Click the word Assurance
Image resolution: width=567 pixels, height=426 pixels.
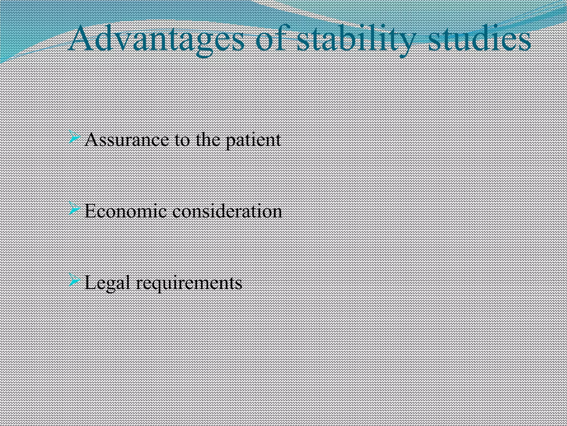coord(126,140)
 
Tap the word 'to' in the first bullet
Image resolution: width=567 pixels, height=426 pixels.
coord(182,140)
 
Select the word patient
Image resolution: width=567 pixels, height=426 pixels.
coord(253,140)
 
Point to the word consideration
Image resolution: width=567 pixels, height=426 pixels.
coord(227,211)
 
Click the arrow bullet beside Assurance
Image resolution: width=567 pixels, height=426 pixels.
coord(74,137)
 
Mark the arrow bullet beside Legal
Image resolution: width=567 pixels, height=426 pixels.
coord(74,280)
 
